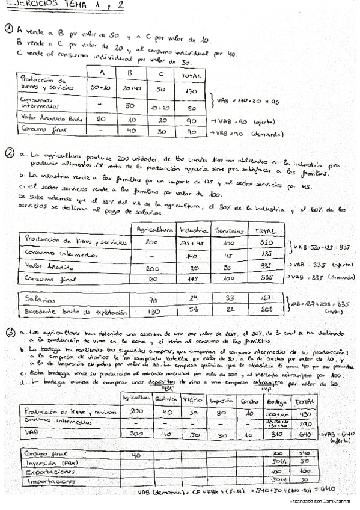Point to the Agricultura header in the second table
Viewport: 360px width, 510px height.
[x=156, y=230]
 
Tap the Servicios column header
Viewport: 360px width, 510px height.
[x=228, y=230]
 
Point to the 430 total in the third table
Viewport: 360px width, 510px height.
[x=304, y=414]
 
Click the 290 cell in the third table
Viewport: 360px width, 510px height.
[x=304, y=424]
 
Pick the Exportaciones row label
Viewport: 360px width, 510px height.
[x=47, y=472]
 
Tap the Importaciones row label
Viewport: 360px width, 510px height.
[x=47, y=482]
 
